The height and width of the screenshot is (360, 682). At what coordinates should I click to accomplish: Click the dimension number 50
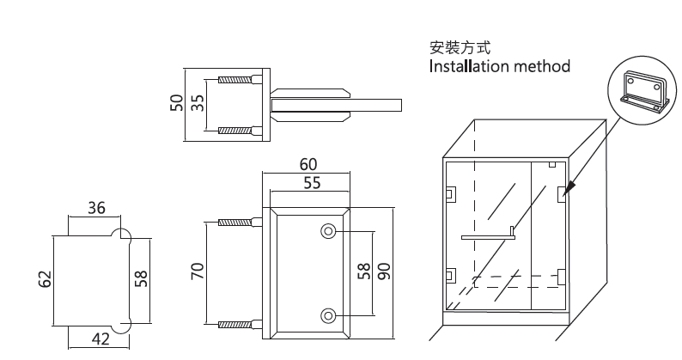coord(176,104)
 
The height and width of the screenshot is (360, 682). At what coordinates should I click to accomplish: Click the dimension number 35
coord(197,104)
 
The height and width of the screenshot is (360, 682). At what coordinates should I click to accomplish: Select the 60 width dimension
coord(308,164)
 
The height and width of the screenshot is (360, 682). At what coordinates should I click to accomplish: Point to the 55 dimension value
coord(312,182)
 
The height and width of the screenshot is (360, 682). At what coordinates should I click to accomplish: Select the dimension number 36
coord(96,207)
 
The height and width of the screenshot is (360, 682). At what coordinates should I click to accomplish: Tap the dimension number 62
coord(46,279)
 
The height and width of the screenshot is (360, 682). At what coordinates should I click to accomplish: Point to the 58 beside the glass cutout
coord(143,278)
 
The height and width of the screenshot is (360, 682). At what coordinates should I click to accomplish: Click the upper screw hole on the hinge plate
coord(328,230)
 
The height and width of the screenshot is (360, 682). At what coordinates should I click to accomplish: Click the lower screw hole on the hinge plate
coord(328,314)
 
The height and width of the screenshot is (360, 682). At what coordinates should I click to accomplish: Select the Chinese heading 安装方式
coord(460,46)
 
